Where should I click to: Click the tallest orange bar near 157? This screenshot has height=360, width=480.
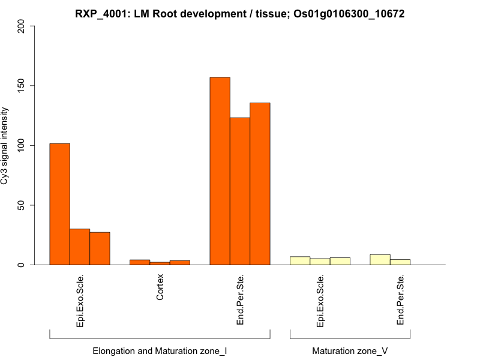point(220,171)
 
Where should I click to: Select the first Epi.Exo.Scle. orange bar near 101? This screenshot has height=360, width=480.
point(59,204)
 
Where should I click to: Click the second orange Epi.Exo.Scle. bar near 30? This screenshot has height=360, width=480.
point(80,247)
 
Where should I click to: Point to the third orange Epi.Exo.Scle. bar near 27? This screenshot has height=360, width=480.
point(100,248)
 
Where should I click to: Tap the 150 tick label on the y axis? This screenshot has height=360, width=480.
point(22,85)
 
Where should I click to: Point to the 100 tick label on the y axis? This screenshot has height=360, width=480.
point(22,145)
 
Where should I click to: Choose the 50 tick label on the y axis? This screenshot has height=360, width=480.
point(22,205)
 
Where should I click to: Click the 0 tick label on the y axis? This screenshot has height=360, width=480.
point(22,265)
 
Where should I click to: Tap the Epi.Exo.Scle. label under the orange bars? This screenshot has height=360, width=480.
point(80,301)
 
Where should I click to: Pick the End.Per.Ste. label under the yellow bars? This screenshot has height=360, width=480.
point(400,300)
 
